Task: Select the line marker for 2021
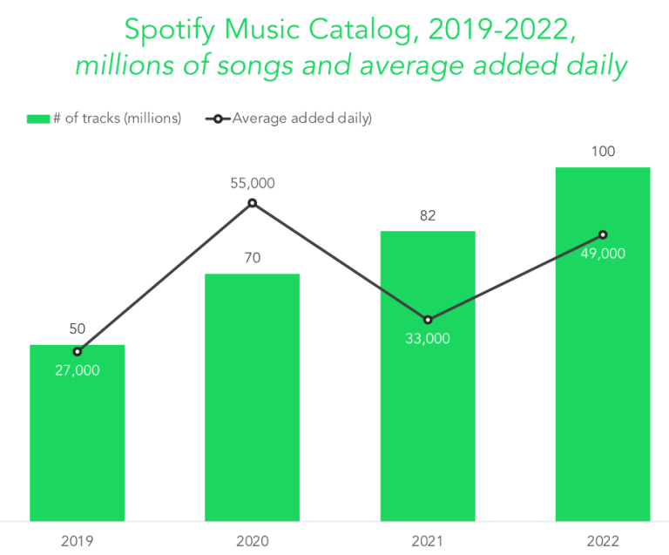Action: tap(428, 320)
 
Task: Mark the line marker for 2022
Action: tap(603, 234)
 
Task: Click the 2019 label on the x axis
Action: tap(77, 541)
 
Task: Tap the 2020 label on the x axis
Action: tap(252, 541)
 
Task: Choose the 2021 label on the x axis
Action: tap(428, 541)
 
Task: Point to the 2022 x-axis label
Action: tap(603, 541)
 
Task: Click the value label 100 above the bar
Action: tap(603, 152)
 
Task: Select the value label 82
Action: tap(428, 215)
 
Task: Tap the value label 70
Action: tap(252, 258)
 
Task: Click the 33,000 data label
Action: tap(428, 339)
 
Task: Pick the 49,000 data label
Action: tap(603, 254)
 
